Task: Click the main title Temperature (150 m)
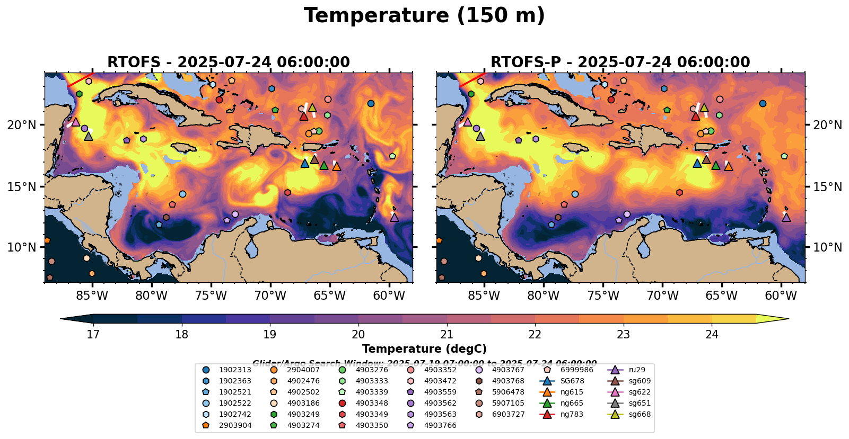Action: [424, 16]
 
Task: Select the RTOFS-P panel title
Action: [620, 62]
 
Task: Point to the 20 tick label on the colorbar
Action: [358, 334]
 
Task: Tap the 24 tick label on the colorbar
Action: [712, 334]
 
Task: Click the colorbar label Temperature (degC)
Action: [424, 349]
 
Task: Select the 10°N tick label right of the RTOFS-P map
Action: [827, 247]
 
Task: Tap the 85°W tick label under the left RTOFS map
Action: [92, 295]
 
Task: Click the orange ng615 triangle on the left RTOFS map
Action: [336, 166]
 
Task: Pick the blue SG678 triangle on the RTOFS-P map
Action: [697, 163]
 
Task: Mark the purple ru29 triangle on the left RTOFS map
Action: [394, 217]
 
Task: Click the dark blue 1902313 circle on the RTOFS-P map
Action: [763, 103]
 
